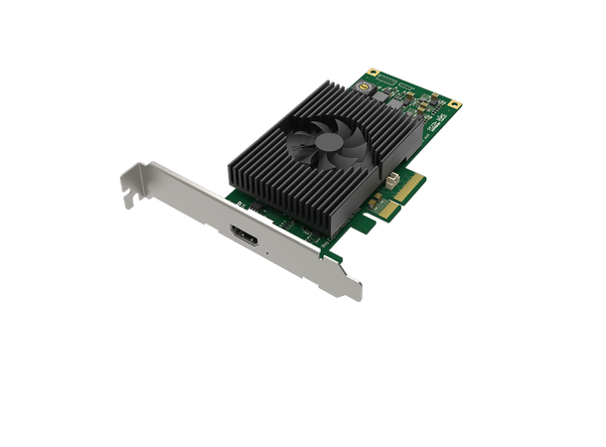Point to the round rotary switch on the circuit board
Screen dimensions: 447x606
[x=376, y=86]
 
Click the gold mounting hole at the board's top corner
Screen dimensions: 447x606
[x=374, y=73]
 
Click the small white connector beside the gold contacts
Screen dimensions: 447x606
[x=395, y=182]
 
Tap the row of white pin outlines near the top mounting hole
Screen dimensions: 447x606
[x=392, y=78]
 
